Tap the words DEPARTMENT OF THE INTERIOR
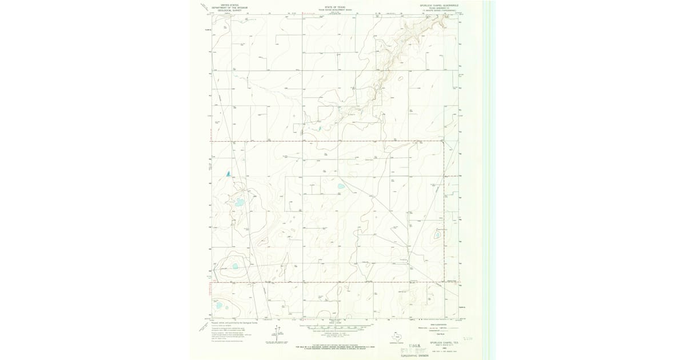click(226, 7)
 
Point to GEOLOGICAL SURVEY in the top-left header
click(226, 10)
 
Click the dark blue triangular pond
click(228, 173)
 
